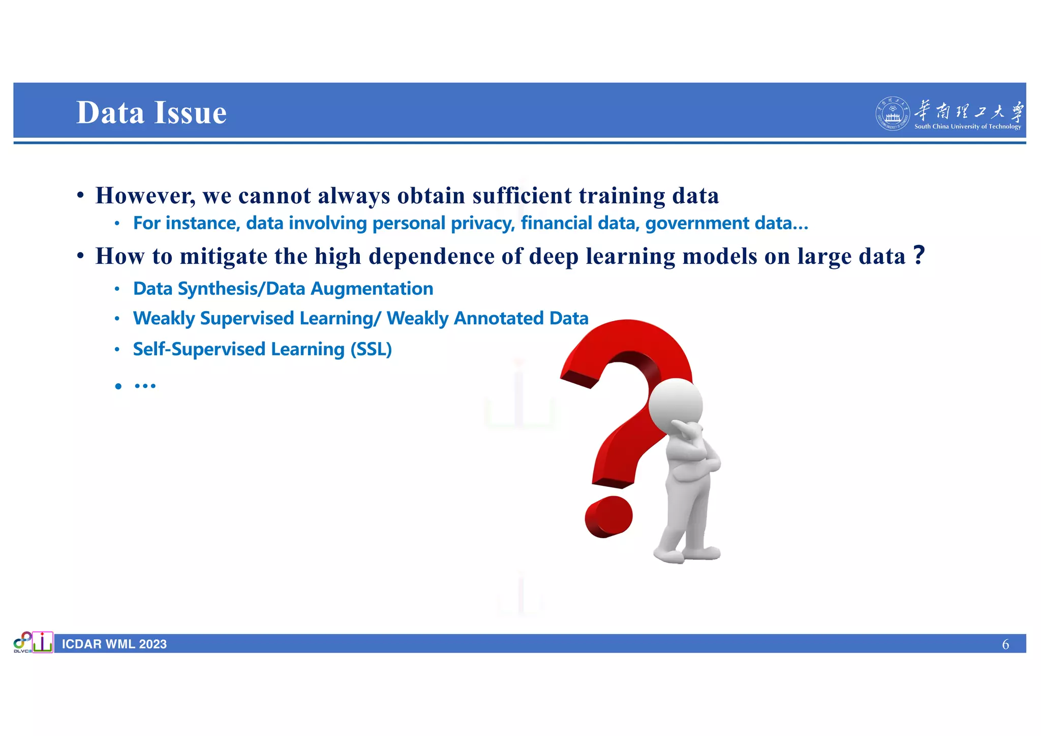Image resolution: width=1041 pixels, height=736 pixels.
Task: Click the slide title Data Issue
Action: click(x=151, y=112)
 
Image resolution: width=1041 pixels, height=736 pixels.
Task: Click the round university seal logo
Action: click(x=892, y=114)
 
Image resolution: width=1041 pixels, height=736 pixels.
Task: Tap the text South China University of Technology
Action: click(x=967, y=127)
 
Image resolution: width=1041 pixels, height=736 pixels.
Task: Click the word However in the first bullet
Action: click(x=145, y=196)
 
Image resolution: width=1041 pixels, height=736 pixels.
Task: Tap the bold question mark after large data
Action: click(x=918, y=255)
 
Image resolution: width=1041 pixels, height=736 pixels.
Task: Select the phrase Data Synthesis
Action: click(x=195, y=289)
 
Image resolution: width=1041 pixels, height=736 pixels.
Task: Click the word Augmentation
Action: click(x=372, y=289)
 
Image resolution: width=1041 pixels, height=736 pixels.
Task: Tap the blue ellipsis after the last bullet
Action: click(x=145, y=386)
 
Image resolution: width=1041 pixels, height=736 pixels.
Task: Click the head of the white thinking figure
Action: click(x=676, y=404)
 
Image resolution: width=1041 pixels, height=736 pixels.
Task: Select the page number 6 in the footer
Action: click(x=1005, y=645)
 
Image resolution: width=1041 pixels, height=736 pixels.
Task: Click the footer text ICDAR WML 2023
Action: click(x=114, y=645)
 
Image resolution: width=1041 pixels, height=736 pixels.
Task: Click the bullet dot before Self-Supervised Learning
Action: click(x=117, y=350)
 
